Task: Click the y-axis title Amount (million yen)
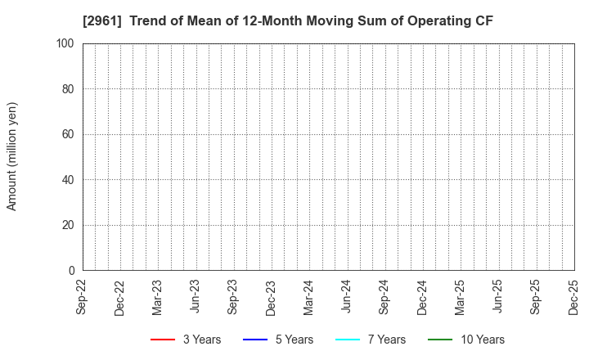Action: (12, 156)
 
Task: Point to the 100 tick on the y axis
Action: (65, 43)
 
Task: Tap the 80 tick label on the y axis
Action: (69, 88)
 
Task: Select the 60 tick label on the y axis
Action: (69, 134)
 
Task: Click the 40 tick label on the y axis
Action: (69, 179)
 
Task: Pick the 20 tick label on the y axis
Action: (69, 225)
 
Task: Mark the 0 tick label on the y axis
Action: (72, 270)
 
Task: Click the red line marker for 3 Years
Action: (163, 340)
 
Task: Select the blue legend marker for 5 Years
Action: (255, 340)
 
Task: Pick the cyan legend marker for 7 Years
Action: (348, 340)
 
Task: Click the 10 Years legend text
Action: (482, 340)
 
